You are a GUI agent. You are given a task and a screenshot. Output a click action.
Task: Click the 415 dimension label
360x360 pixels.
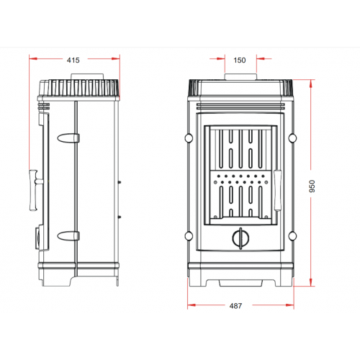click(73, 60)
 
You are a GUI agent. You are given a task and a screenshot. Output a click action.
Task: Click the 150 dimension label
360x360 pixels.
click(240, 60)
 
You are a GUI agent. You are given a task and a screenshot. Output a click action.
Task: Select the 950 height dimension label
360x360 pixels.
click(312, 186)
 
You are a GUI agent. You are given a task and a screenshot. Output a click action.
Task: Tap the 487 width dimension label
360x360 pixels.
click(235, 306)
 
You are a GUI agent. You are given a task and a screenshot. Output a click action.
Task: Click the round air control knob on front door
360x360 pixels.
click(240, 238)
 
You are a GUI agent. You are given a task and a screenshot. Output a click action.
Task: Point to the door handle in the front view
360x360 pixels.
click(278, 190)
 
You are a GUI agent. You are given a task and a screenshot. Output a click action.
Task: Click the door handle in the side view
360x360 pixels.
click(35, 190)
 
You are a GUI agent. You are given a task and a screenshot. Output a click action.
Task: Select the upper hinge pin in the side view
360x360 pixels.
click(68, 138)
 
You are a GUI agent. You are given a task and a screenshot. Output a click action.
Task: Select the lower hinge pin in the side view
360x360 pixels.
click(68, 236)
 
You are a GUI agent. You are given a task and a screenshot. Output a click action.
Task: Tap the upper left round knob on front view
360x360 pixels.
click(189, 138)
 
